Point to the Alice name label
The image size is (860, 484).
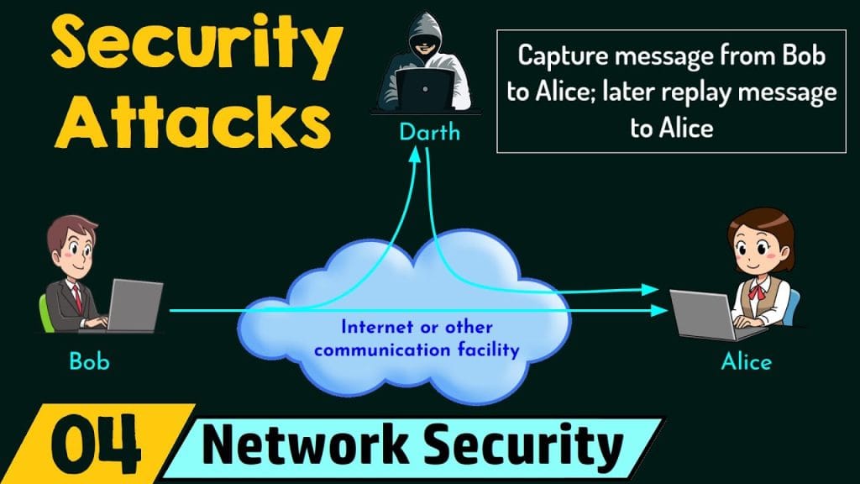click(746, 362)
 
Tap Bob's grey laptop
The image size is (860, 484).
click(134, 304)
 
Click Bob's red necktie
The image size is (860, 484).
click(76, 295)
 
